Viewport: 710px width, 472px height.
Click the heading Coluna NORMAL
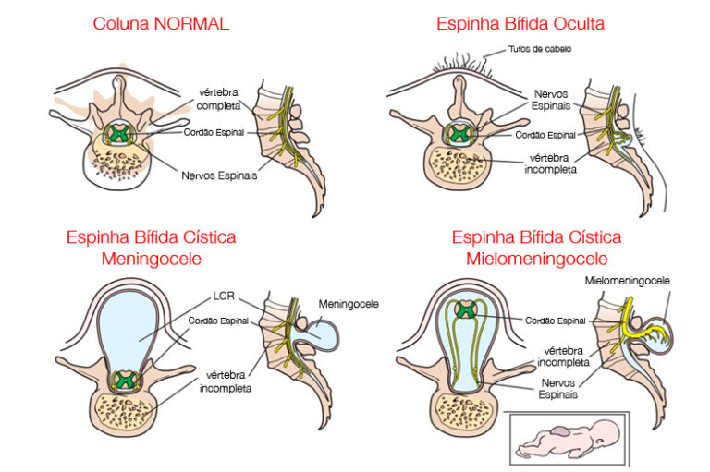tap(161, 23)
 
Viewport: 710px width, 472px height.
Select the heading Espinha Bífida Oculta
tap(533, 23)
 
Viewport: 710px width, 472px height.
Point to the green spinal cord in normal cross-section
tap(117, 133)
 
